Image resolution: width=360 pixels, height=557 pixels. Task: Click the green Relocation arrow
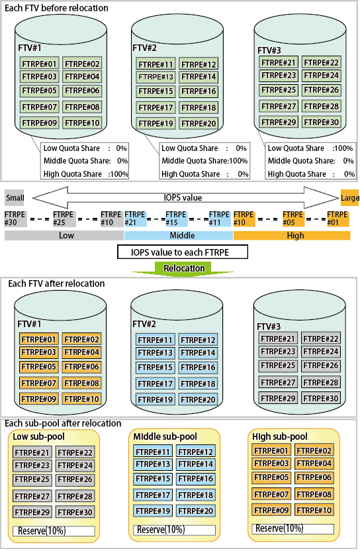(183, 268)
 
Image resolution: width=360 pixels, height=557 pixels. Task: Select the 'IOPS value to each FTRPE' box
(183, 252)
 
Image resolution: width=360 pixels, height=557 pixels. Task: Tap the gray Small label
(15, 198)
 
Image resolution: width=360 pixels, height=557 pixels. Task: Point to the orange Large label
(349, 198)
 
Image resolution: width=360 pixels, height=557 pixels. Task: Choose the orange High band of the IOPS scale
(292, 235)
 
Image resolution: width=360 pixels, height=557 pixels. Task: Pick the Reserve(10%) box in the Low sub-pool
(54, 531)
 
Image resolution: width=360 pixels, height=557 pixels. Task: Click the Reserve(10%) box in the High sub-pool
(293, 529)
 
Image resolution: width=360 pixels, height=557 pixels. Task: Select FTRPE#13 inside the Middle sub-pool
(153, 464)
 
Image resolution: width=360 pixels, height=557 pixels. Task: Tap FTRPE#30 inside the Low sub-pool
(75, 512)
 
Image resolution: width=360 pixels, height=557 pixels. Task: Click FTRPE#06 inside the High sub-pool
(314, 478)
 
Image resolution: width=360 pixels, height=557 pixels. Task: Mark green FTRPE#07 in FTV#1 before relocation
(40, 107)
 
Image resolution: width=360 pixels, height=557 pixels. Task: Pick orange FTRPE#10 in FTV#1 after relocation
(81, 399)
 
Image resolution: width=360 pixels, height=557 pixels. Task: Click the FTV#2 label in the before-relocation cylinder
(144, 48)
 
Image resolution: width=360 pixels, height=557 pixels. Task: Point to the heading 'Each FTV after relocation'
(56, 283)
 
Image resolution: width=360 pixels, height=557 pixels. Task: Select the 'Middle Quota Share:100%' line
(204, 161)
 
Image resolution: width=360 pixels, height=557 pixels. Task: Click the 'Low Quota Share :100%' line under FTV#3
(310, 148)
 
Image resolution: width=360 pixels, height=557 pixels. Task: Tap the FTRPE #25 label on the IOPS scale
(64, 219)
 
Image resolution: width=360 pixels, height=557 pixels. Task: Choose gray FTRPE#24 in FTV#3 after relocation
(321, 352)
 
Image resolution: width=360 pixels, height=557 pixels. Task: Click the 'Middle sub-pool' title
(165, 436)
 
